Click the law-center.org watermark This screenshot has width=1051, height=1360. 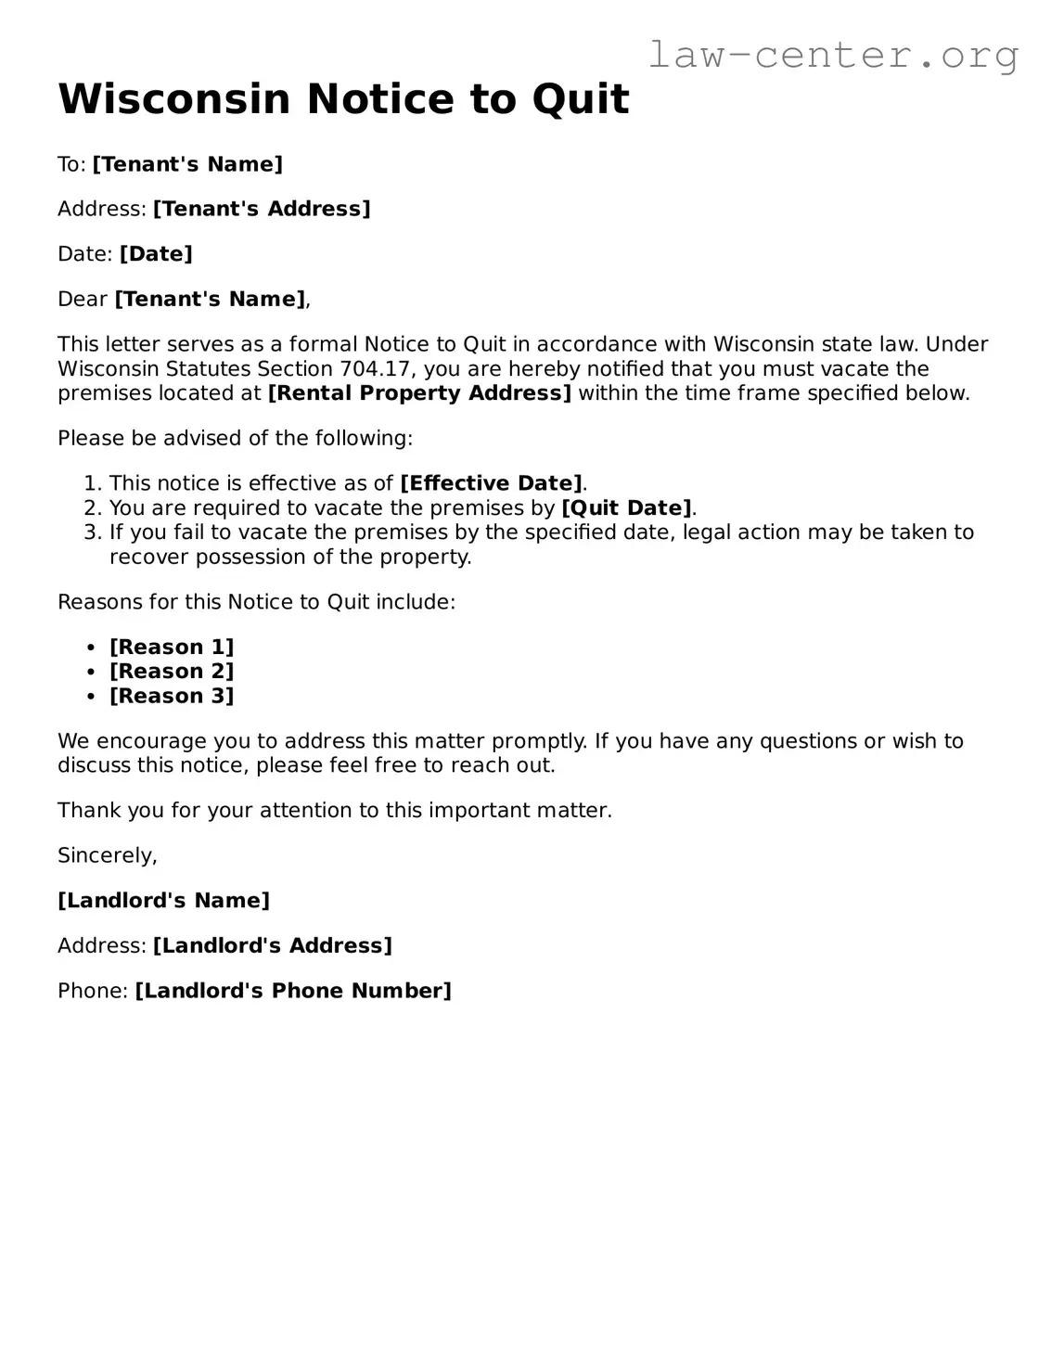point(832,55)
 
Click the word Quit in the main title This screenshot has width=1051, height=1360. point(581,99)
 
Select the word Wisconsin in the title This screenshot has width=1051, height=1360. point(174,99)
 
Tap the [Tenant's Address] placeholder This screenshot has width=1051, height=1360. point(262,209)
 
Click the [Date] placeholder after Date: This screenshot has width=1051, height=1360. point(156,254)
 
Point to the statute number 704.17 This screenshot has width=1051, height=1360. point(366,369)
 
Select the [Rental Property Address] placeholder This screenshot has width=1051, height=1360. point(419,393)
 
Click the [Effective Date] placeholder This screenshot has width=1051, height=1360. point(492,483)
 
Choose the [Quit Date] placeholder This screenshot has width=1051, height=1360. point(627,508)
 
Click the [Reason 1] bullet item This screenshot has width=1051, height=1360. point(172,648)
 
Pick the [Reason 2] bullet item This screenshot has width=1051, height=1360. point(172,672)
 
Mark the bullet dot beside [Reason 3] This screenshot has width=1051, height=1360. point(91,697)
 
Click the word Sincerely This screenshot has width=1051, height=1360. point(107,855)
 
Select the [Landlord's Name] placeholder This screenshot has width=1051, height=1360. point(163,901)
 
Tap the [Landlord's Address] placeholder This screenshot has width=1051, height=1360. point(273,946)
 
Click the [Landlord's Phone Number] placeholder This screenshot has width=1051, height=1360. point(293,991)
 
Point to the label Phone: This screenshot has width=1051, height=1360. point(93,991)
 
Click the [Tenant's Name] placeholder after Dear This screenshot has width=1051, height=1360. point(210,300)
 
